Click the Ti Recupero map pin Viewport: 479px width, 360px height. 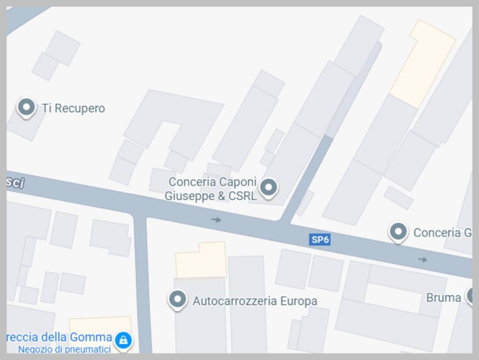coord(26,107)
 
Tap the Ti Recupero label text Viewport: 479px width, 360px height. coord(73,108)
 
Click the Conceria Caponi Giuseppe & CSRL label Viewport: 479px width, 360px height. coord(212,188)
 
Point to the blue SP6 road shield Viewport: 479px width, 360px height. coord(320,240)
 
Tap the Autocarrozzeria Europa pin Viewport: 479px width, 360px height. coord(177,299)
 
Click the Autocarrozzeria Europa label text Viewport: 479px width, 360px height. coord(255,301)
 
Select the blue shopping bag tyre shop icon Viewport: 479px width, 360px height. coord(123,340)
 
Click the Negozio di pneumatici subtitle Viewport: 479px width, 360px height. coord(64,349)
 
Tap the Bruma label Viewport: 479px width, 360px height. coord(443,298)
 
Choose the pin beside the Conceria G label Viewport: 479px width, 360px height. coord(398,232)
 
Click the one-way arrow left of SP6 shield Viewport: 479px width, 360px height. coord(216,219)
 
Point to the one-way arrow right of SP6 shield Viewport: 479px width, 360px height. coord(423,259)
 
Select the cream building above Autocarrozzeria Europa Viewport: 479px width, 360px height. coord(201,260)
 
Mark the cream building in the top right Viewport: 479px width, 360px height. coord(422,63)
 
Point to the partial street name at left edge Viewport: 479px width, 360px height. coord(15,183)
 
